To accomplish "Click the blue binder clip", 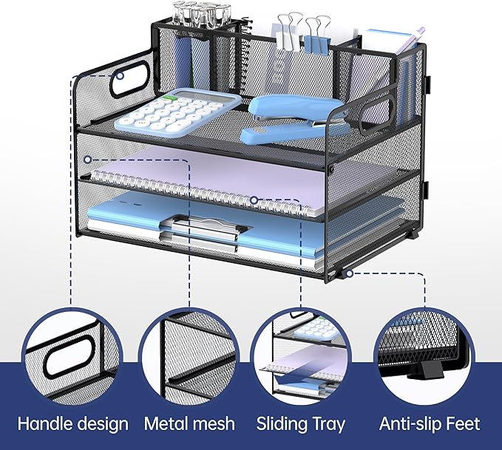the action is point(317,35).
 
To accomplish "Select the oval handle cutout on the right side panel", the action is point(376,115).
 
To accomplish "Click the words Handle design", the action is point(73,423).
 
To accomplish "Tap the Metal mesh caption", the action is point(189,423).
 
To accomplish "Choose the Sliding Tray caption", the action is point(301,423).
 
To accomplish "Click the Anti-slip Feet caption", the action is point(430,423).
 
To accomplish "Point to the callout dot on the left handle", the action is point(120,76).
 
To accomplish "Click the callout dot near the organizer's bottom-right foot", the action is point(350,273).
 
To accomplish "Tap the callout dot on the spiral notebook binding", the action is point(254,200).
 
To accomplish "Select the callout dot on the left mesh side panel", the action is point(87,160).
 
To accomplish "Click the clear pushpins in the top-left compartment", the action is point(202,13).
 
